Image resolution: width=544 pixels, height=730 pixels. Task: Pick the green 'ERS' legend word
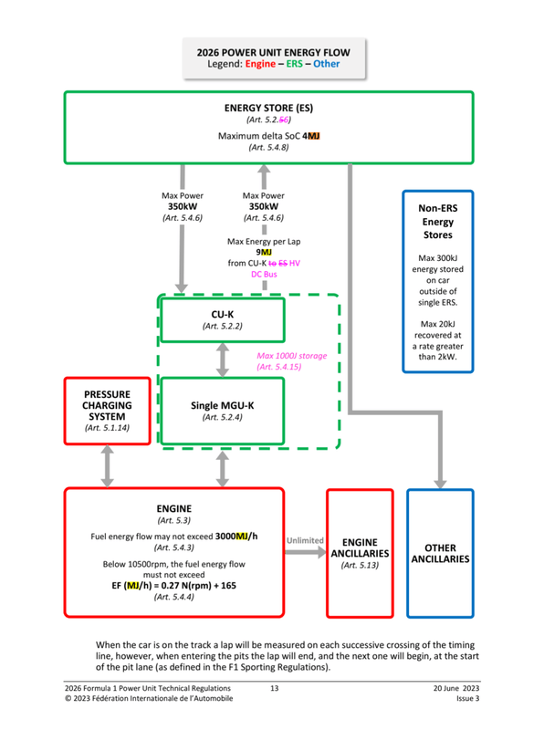click(297, 65)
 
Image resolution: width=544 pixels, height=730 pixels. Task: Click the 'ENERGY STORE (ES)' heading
click(268, 108)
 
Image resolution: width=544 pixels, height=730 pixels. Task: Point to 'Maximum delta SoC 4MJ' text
click(268, 135)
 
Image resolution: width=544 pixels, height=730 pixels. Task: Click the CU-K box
click(223, 318)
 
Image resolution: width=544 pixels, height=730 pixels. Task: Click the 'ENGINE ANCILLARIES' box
click(359, 553)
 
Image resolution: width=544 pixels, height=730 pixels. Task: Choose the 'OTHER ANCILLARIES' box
click(440, 553)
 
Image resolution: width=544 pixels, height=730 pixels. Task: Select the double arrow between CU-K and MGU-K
click(223, 361)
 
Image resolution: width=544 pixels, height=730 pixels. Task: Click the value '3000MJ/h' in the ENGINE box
click(236, 536)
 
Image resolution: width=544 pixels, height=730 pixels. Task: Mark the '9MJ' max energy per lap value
click(264, 252)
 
